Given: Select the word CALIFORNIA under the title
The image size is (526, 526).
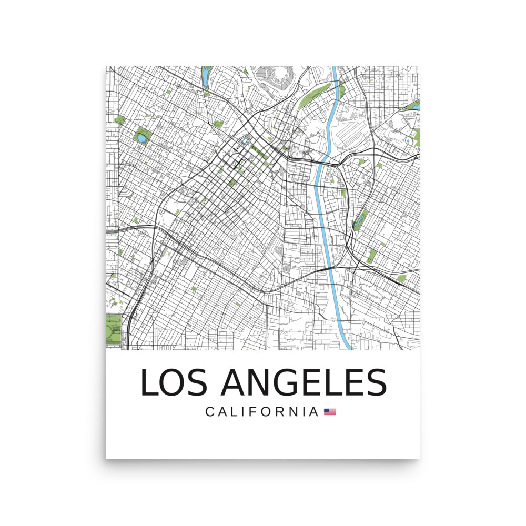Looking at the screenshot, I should (262, 411).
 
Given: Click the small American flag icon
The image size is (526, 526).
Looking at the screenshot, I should (330, 412).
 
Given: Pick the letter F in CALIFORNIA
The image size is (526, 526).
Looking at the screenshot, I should (252, 411).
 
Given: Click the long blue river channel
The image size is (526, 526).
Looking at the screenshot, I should (326, 210).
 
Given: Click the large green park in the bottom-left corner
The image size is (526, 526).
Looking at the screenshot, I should (113, 329).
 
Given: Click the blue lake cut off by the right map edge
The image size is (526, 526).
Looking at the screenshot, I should (416, 106).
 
